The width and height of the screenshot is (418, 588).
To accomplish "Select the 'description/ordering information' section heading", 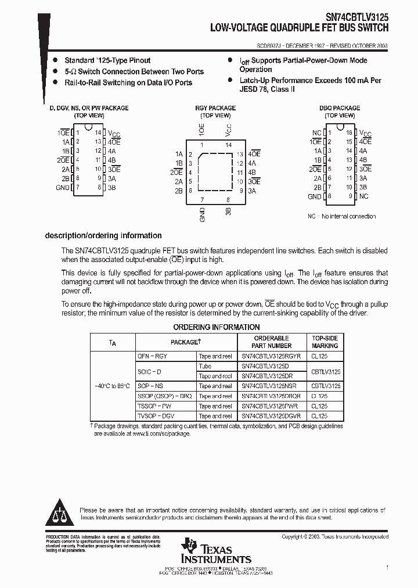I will click(103, 235).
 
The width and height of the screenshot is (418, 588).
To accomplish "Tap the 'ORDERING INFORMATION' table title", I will click(217, 327).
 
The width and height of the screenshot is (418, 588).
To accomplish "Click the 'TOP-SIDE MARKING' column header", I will click(325, 342).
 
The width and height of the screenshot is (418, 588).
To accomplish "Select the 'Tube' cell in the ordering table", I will click(205, 366).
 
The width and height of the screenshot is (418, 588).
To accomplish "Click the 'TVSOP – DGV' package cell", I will click(156, 416).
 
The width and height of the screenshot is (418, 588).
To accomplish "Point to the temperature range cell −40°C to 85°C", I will click(113, 386).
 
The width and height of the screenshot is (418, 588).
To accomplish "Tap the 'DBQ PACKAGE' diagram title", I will click(340, 108).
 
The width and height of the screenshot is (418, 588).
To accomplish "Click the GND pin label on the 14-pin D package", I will click(62, 188).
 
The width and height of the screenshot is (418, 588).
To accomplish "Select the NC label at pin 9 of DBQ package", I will click(363, 196).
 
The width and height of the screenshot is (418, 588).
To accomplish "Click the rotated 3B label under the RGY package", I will click(228, 212).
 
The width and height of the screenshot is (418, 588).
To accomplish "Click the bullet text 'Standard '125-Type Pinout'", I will click(107, 60).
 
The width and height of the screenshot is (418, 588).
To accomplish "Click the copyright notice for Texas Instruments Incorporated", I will click(335, 537).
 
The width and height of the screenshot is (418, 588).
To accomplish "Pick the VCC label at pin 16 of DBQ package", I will click(365, 133).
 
